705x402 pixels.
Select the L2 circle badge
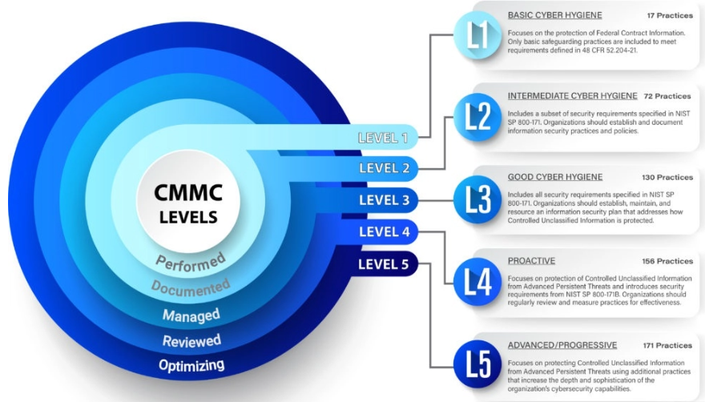click(478, 117)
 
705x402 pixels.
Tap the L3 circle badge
click(478, 199)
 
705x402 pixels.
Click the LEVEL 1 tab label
click(382, 138)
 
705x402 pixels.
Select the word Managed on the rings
click(191, 315)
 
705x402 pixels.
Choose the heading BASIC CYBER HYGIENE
click(554, 14)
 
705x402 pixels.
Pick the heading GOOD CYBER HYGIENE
click(554, 177)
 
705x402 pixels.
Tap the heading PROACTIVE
click(531, 261)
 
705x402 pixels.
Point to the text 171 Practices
click(667, 345)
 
